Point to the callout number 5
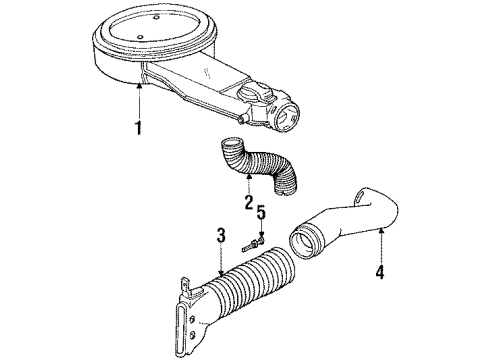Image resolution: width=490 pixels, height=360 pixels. pyautogui.click(x=262, y=241)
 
